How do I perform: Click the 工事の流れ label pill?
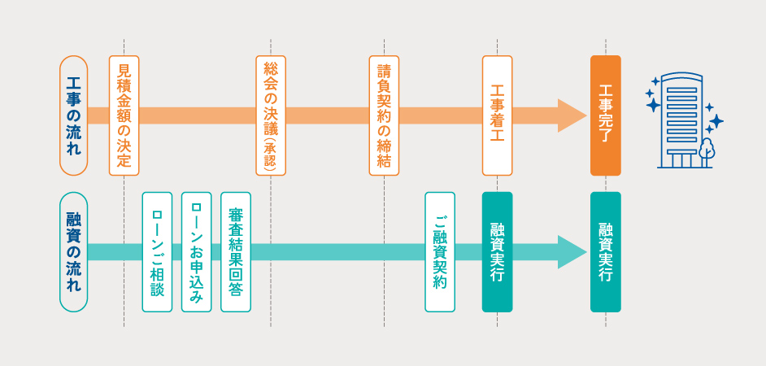(73, 115)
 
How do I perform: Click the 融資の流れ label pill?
(73, 252)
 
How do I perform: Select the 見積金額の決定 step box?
(124, 115)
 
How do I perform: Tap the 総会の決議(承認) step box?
(270, 115)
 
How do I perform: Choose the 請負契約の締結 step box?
(384, 115)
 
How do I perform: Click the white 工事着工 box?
(497, 115)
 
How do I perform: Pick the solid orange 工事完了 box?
(605, 115)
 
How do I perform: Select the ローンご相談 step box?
(157, 252)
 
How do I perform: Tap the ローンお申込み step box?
(196, 252)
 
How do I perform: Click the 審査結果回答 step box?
(236, 252)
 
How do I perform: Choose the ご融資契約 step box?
(440, 252)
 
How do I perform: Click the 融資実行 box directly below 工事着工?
(497, 252)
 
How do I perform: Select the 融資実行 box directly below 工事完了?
(605, 252)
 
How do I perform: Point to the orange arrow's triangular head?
(571, 115)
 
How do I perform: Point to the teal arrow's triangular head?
(571, 252)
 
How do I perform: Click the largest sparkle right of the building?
(716, 122)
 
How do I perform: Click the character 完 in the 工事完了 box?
(605, 115)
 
